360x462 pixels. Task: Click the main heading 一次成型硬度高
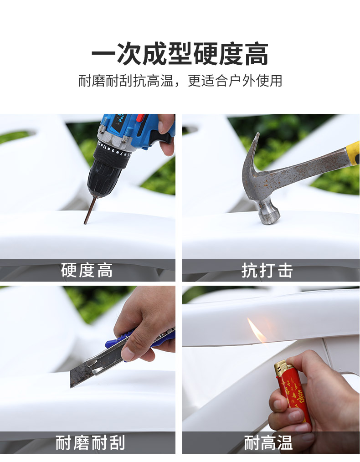[180, 53]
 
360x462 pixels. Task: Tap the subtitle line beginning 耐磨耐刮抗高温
[180, 81]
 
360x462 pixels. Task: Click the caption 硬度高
[87, 270]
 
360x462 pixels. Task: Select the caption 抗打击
[267, 270]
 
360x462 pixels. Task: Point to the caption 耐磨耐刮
[90, 442]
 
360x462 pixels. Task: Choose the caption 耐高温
[268, 442]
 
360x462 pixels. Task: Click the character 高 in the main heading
[257, 54]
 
